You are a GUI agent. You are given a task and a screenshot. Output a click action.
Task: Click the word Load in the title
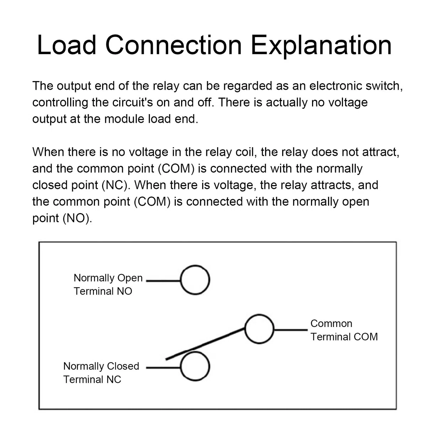tap(67, 45)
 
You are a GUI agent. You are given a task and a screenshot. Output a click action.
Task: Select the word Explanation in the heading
tap(321, 47)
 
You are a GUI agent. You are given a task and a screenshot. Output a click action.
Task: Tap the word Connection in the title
tap(174, 45)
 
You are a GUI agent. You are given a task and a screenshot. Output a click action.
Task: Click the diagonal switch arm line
tap(205, 344)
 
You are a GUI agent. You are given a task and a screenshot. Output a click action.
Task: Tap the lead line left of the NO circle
tap(164, 281)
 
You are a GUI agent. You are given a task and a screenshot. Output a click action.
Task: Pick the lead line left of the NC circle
tap(164, 368)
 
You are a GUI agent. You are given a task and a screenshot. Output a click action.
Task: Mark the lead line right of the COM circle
tap(291, 330)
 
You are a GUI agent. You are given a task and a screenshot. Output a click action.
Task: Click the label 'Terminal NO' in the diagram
tap(103, 291)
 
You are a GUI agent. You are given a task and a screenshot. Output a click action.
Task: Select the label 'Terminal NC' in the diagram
tap(92, 379)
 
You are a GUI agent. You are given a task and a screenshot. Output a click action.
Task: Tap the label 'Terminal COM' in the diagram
tap(344, 337)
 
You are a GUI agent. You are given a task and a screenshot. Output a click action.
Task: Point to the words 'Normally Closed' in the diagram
tap(101, 367)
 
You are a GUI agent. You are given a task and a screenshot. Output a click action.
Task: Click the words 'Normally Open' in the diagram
tap(108, 278)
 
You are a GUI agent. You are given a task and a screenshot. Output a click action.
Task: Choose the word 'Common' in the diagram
tap(331, 323)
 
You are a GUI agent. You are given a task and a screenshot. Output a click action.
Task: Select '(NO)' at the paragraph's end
tap(77, 218)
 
